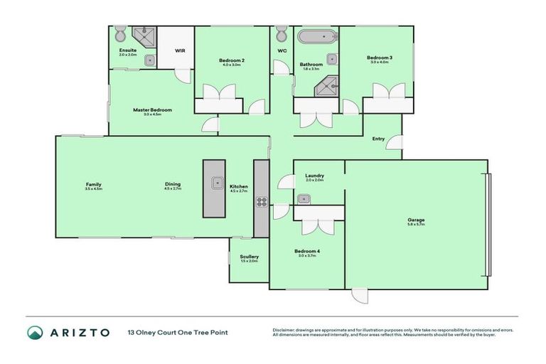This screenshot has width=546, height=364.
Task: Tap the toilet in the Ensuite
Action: [119, 35]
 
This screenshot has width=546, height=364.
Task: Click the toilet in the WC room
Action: [282, 33]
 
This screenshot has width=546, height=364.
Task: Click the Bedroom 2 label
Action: [232, 61]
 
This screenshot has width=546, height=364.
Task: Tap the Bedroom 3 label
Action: [379, 58]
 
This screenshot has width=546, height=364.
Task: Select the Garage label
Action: [416, 220]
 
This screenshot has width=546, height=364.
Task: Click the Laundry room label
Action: [314, 176]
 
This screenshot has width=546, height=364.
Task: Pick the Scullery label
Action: [249, 257]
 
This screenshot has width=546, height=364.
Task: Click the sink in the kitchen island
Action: [215, 183]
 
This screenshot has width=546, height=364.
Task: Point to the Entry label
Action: [379, 139]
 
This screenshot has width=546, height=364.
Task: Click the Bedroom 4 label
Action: [308, 251]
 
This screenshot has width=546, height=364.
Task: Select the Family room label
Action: [93, 184]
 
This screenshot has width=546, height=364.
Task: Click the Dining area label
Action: [173, 184]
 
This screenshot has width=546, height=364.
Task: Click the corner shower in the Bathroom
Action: [326, 86]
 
